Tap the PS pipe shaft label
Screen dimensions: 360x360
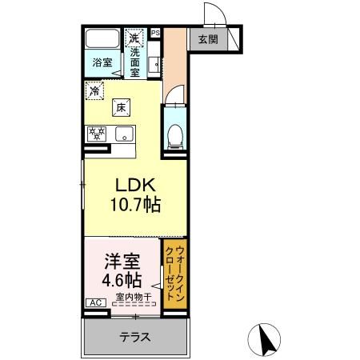(155, 33)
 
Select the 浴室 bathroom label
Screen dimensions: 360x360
(101, 62)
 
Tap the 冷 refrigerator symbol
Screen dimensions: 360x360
(95, 90)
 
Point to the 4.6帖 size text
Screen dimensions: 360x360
(122, 281)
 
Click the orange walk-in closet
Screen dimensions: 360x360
(174, 274)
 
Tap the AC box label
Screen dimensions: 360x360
(94, 303)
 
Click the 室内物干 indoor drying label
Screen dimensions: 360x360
(133, 298)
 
